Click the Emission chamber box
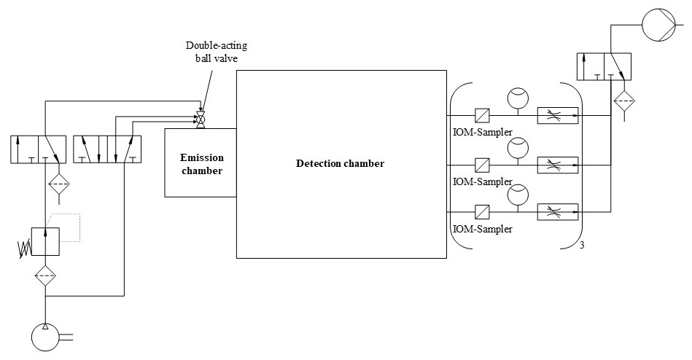[201, 162]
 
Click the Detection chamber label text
[340, 163]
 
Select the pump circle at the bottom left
[46, 337]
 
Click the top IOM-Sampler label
[482, 132]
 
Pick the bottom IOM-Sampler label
[482, 229]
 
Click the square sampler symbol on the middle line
[481, 165]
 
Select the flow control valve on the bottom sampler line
[558, 212]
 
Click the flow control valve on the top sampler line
[558, 115]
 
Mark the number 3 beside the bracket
[582, 245]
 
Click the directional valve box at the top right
[608, 66]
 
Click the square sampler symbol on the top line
[481, 115]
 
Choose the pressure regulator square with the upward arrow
[45, 241]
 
